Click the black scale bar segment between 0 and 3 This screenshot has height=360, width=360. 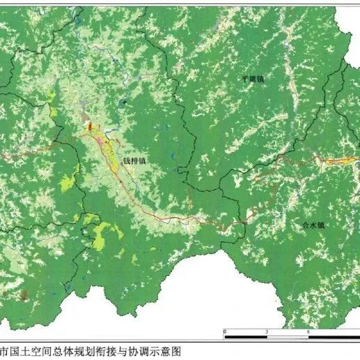[245, 337]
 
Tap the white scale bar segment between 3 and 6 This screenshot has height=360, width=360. [288, 337]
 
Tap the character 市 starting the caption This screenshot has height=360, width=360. [4, 352]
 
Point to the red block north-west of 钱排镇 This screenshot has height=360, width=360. [89, 126]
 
